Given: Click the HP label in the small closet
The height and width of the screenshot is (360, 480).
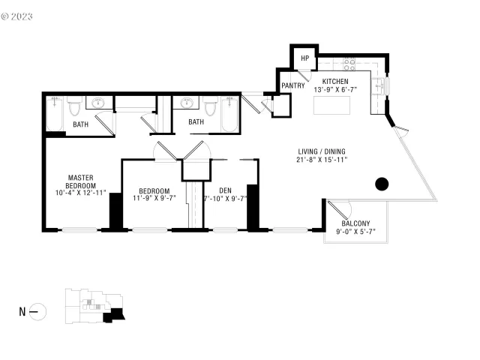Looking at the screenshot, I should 305,58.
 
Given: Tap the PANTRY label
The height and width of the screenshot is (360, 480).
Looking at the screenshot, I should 292,85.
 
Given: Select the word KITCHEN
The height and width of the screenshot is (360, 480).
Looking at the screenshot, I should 335,81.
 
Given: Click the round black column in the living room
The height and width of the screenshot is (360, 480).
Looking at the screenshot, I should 382,183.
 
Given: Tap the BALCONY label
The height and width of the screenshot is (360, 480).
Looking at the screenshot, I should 355,223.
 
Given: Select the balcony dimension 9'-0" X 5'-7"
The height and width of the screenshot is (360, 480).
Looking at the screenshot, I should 355,232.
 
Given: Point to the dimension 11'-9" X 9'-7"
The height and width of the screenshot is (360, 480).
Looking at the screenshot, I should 154,199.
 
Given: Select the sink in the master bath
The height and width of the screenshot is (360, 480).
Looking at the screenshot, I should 98,103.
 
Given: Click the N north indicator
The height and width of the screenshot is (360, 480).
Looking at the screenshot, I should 22,310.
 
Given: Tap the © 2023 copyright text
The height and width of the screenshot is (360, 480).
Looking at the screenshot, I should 17,13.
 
